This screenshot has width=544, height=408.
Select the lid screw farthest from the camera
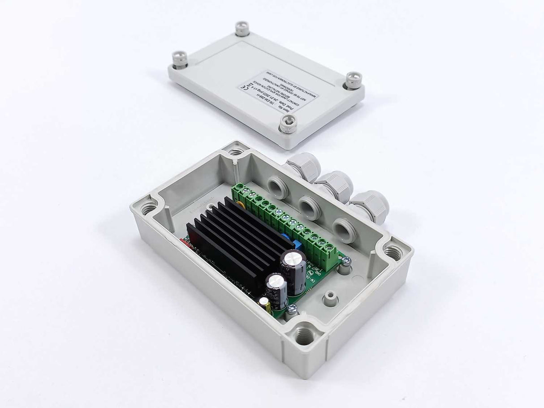pyautogui.click(x=242, y=28)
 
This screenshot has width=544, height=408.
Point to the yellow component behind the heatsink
pyautogui.click(x=241, y=205)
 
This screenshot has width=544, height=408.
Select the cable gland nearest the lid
pyautogui.click(x=302, y=168)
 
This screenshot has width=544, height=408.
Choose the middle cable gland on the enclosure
pyautogui.click(x=334, y=186)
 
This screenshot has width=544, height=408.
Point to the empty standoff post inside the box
pyautogui.click(x=331, y=296)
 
